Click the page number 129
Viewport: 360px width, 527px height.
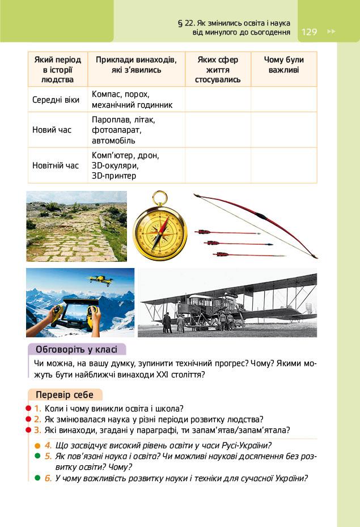[310, 32]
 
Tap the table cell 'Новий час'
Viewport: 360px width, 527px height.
[52, 130]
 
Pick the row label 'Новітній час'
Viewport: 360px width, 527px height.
[56, 165]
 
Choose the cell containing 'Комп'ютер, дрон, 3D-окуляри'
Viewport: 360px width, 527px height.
[126, 165]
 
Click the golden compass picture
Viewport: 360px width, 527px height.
[160, 232]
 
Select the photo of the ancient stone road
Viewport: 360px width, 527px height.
[77, 226]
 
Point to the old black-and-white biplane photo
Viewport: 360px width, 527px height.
[227, 303]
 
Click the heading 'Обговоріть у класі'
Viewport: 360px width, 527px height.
[77, 349]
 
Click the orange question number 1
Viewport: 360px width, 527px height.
[37, 408]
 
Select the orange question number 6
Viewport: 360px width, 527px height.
[48, 478]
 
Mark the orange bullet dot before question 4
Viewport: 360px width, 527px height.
[37, 445]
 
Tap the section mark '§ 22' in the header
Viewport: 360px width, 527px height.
[188, 23]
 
